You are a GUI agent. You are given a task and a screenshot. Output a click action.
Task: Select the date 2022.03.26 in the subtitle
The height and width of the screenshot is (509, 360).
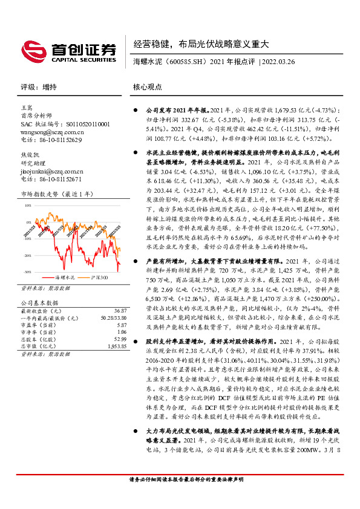278,62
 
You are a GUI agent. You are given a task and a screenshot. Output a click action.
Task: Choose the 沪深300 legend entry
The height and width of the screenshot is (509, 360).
99,277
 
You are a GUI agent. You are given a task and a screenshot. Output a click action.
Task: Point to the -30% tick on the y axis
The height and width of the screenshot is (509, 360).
28,272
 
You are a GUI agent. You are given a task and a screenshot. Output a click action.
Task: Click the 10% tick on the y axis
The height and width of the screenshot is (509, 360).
28,206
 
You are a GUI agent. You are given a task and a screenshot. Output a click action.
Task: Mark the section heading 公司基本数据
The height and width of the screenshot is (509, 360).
40,302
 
